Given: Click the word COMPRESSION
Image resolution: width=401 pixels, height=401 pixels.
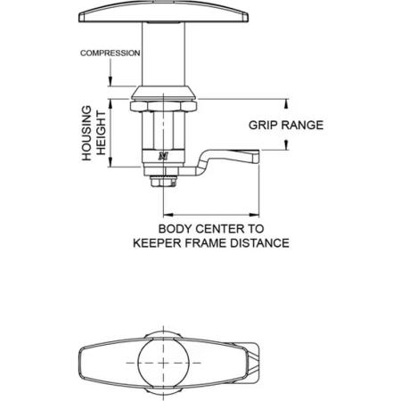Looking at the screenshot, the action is point(110,53).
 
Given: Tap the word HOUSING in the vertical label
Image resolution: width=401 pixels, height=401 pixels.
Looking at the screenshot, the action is point(86,134).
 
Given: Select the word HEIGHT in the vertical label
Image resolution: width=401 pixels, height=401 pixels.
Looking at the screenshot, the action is point(101,133).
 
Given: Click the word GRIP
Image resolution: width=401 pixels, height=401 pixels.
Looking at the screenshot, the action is point(261,125).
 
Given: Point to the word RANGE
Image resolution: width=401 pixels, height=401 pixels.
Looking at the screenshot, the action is point(300,125).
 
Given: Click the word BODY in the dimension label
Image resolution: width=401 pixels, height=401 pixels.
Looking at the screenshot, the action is point(176,229).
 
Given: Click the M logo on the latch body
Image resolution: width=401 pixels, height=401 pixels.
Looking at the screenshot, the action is point(163,156).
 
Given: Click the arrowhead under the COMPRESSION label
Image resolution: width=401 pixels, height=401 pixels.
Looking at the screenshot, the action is point(110,81).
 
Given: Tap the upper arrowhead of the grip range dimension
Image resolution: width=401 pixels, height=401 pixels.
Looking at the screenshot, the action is point(286,103).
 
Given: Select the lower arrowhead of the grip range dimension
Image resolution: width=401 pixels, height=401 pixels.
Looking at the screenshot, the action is point(286,145).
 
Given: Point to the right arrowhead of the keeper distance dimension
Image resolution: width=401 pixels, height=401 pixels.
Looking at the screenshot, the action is point(254,215).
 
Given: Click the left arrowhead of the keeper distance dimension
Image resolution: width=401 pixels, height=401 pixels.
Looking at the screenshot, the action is point(168,215).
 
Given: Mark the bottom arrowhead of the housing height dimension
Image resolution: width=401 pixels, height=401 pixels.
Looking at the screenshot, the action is point(110,162).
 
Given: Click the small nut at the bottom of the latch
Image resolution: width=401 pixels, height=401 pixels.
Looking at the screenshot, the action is point(163,181).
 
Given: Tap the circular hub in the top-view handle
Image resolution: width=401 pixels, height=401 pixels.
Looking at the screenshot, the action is point(164,363).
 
